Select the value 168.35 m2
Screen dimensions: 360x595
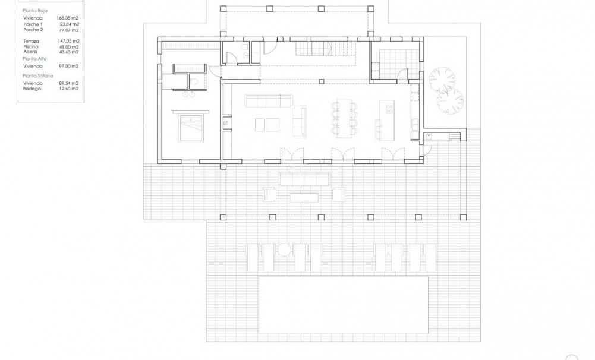click(x=67, y=18)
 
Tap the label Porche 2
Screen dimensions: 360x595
click(x=33, y=30)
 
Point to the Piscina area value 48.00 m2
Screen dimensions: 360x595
click(x=68, y=46)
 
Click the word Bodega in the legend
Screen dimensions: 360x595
click(x=32, y=89)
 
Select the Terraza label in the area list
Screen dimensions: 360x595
click(x=32, y=40)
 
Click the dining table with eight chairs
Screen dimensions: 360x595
click(x=344, y=117)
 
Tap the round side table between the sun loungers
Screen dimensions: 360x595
click(x=284, y=249)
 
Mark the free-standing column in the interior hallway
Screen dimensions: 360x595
click(x=322, y=80)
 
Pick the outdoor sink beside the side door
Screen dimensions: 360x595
click(x=428, y=136)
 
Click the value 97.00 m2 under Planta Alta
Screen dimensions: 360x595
click(x=68, y=67)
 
